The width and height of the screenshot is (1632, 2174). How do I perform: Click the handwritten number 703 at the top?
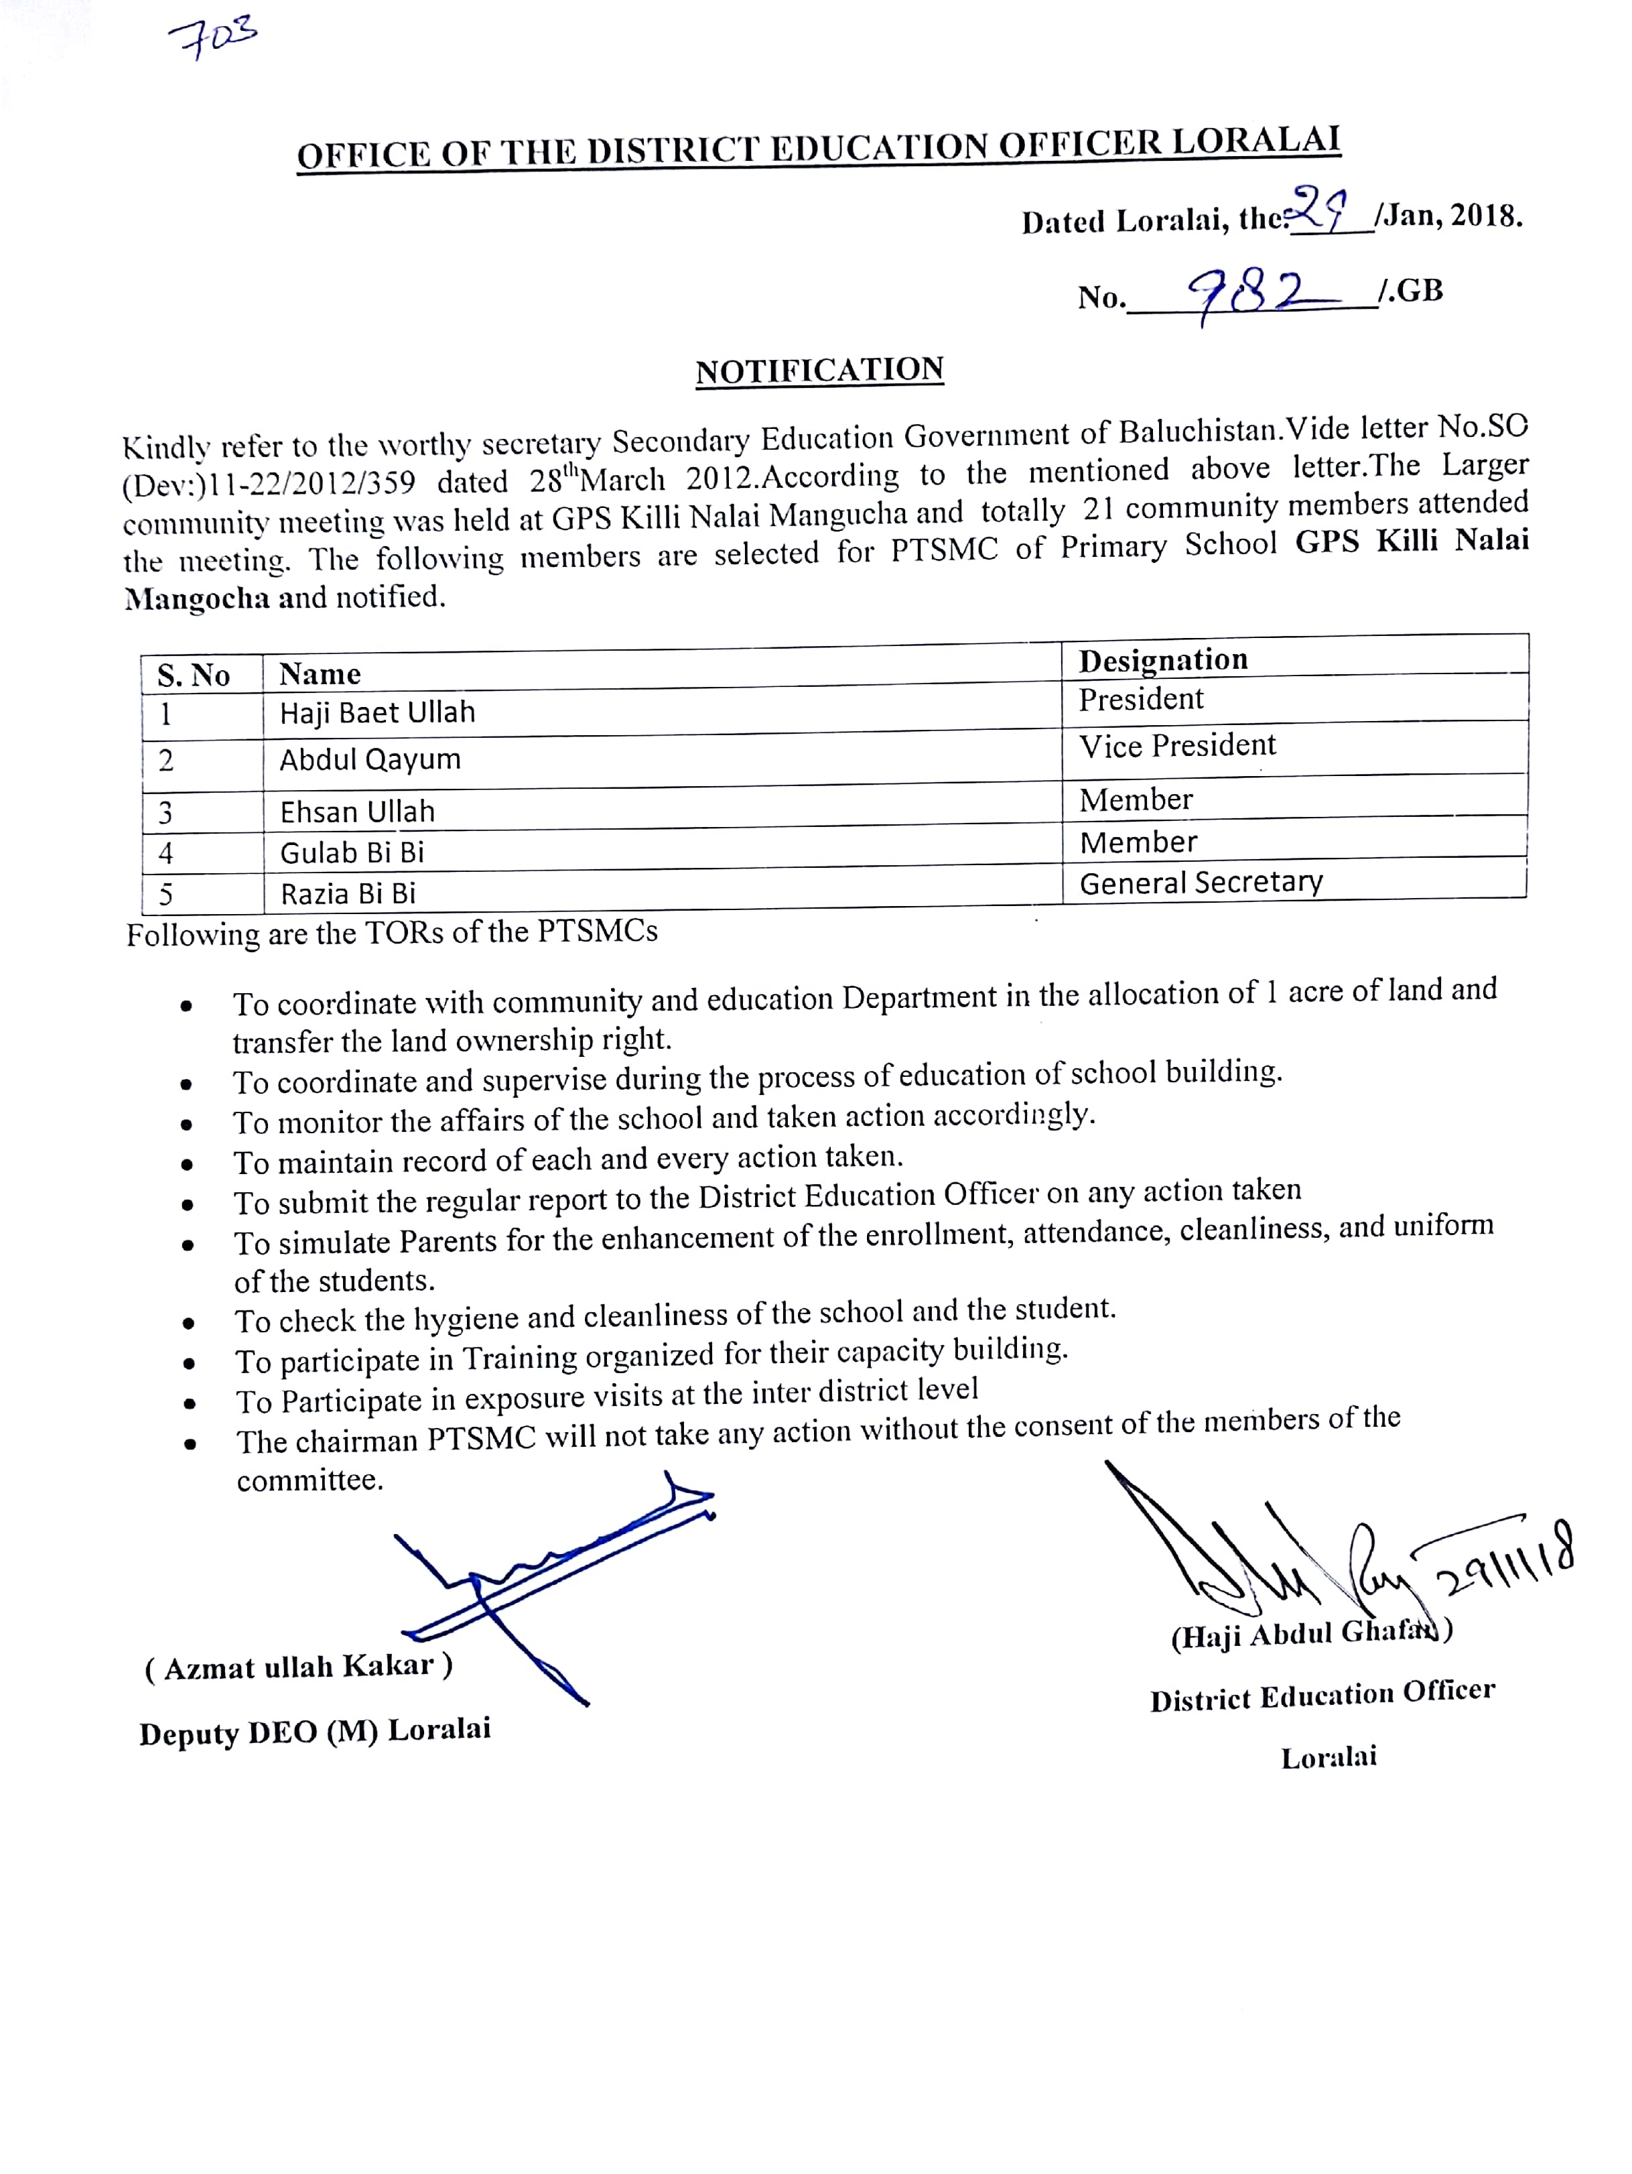(212, 38)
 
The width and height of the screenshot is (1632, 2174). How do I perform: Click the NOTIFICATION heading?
(819, 371)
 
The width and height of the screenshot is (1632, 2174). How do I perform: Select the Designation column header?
(1163, 659)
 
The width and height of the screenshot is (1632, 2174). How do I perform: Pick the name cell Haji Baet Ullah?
(377, 712)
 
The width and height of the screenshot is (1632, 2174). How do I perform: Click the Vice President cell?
(1177, 746)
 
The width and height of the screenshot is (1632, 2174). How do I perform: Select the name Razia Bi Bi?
(348, 893)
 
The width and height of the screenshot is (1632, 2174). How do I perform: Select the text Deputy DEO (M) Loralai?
(314, 1732)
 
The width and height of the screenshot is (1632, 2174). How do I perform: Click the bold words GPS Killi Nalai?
(1411, 541)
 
